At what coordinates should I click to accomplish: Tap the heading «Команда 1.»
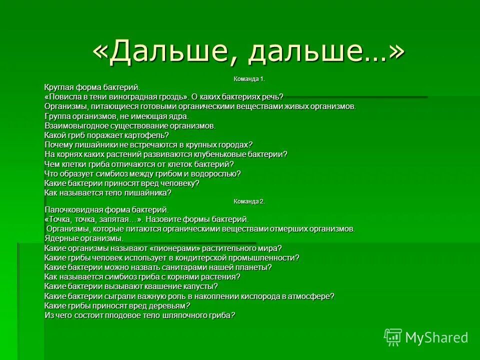click(249, 79)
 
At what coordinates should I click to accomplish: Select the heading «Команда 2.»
click(249, 201)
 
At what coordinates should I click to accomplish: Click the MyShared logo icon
click(393, 337)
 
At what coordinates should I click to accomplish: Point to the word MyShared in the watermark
click(436, 338)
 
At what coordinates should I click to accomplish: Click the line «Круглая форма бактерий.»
click(89, 88)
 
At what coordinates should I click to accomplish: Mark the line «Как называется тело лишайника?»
click(108, 192)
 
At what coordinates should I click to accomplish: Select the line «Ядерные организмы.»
click(84, 238)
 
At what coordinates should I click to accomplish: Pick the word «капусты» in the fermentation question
click(199, 286)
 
